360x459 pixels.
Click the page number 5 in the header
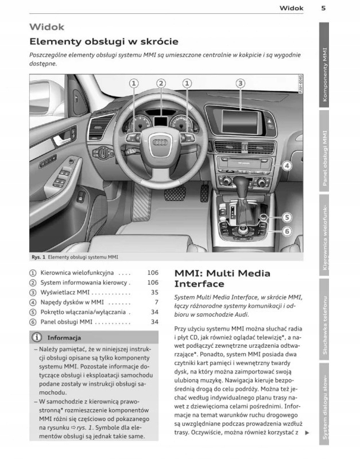[324, 8]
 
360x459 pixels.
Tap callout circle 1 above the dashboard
[134, 83]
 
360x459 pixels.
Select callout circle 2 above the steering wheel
[161, 83]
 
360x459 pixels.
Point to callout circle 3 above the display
[241, 83]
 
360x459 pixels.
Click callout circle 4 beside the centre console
[287, 166]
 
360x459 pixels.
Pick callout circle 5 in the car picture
[287, 217]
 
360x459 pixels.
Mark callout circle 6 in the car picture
[287, 231]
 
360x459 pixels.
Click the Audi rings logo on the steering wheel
[161, 141]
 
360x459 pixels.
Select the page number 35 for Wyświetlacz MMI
[154, 292]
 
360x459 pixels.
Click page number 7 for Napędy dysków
[156, 302]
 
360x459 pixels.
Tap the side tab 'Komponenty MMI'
[325, 75]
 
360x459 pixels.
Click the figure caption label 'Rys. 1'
[38, 258]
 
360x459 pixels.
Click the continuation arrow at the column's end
[307, 433]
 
